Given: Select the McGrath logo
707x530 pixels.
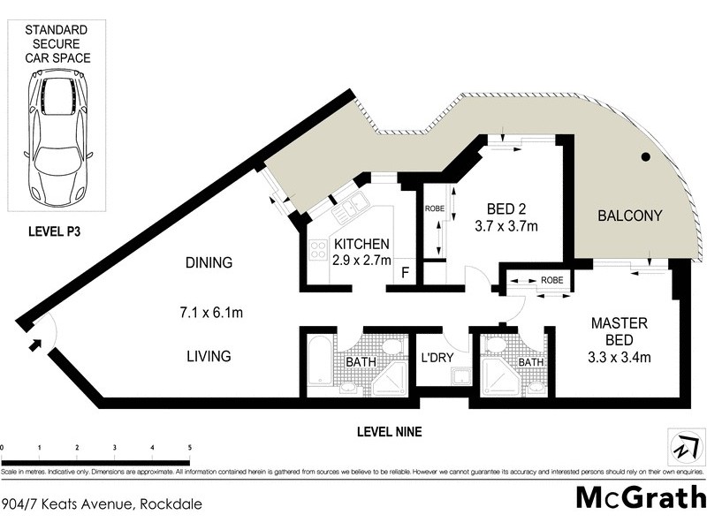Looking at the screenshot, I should point(641,497).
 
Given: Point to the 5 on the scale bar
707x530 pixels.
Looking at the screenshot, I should point(190,448).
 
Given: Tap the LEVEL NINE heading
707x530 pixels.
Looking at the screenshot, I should point(388,432).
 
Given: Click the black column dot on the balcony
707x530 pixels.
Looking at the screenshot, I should point(646,157).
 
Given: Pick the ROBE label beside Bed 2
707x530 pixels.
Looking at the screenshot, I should point(434,209).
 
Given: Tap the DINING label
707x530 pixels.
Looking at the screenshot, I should point(209,262).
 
